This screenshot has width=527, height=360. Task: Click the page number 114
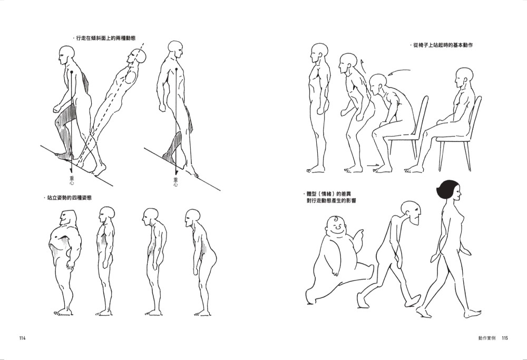(x=22, y=338)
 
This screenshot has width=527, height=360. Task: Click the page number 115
(x=504, y=338)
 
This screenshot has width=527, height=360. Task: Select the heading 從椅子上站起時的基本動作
(x=443, y=45)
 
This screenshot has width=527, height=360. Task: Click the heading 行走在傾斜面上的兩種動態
(x=106, y=38)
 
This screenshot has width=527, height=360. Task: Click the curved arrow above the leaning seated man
(x=399, y=72)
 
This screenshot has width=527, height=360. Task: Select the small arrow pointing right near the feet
(x=373, y=165)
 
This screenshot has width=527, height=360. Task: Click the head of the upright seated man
(x=464, y=77)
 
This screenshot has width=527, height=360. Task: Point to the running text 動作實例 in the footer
(x=487, y=338)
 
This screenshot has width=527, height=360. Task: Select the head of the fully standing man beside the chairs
(x=319, y=53)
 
